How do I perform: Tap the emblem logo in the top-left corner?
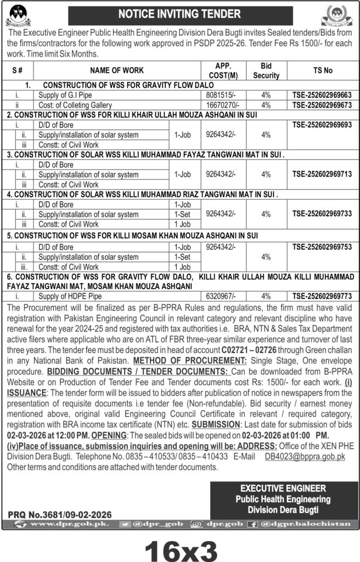pyautogui.click(x=18, y=15)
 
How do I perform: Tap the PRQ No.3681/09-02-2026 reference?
pyautogui.click(x=60, y=514)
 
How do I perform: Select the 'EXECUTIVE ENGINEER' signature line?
pyautogui.click(x=283, y=488)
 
